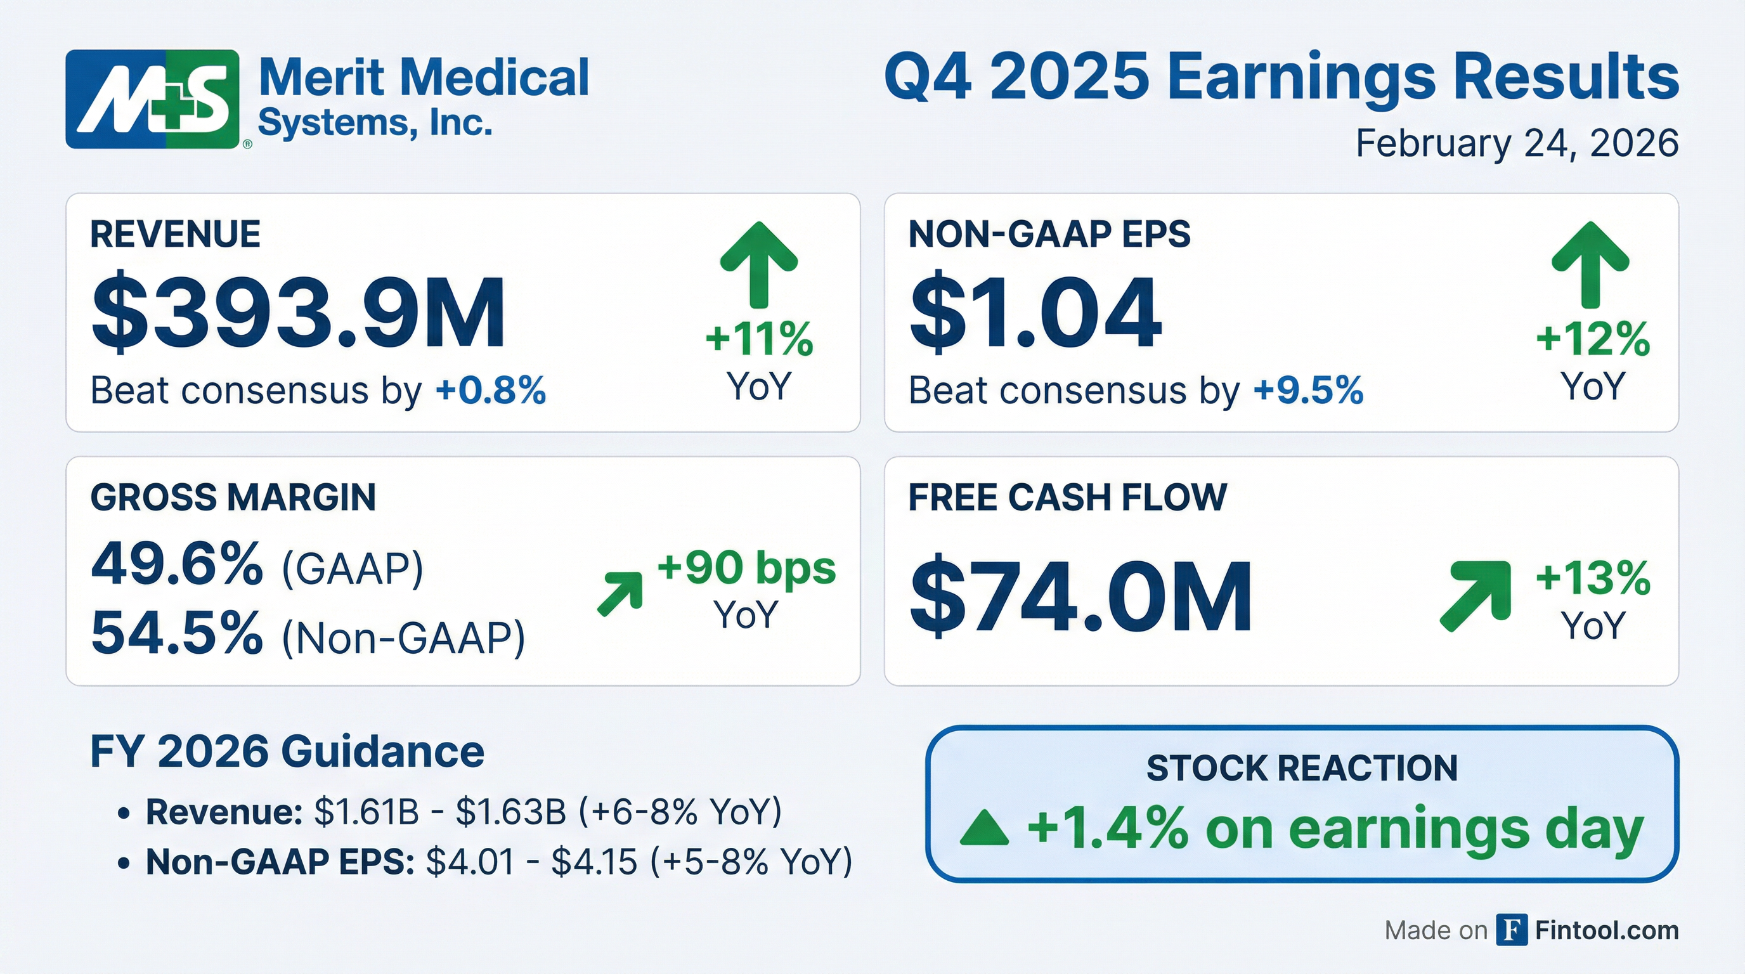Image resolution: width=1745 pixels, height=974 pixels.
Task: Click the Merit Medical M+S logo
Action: [153, 99]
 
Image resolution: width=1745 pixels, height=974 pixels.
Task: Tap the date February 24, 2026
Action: [1517, 143]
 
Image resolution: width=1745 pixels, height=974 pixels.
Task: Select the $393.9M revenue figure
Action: [298, 313]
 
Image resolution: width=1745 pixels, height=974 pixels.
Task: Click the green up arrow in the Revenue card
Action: [759, 264]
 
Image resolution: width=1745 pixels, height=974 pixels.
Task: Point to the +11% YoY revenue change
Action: [759, 339]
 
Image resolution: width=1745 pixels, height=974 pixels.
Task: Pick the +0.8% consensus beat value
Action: [490, 391]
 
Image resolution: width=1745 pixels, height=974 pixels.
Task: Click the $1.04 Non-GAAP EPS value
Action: [1035, 313]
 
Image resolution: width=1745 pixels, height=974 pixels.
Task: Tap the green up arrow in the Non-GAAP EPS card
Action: [1590, 264]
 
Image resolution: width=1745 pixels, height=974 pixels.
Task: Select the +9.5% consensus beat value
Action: [1308, 391]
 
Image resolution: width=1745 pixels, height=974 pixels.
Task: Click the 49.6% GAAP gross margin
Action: [177, 564]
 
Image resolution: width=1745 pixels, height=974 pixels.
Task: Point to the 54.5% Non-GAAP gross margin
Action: [177, 633]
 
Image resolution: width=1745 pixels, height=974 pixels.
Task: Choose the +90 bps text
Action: [746, 568]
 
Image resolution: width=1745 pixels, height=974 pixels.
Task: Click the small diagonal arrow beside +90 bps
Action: [621, 594]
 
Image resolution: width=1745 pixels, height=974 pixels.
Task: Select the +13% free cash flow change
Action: [1593, 578]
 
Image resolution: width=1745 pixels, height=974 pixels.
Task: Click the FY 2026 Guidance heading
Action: [287, 752]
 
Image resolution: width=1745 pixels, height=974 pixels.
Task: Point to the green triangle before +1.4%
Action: [984, 831]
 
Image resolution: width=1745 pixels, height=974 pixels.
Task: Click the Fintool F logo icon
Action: [1511, 930]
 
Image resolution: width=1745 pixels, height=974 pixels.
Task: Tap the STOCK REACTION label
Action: [1301, 768]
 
